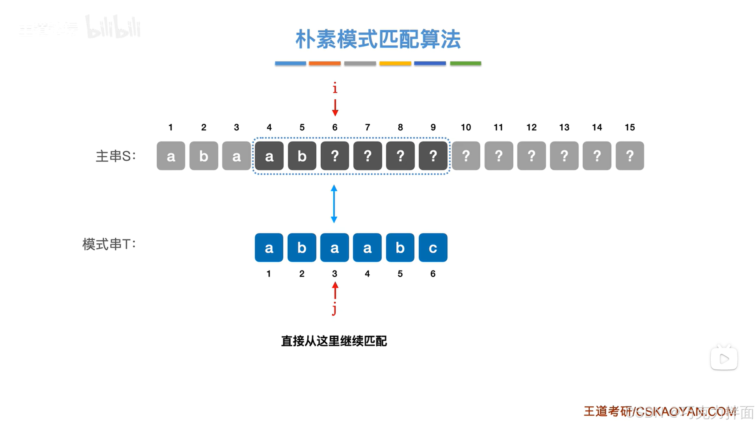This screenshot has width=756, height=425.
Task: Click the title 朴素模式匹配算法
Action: pos(378,39)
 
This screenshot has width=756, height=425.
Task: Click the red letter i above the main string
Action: pos(335,88)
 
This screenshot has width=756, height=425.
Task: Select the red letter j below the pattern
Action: pos(334,310)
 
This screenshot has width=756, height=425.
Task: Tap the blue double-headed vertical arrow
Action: pos(334,204)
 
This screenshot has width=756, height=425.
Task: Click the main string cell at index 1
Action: pos(171,156)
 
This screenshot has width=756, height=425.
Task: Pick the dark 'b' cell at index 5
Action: pos(302,156)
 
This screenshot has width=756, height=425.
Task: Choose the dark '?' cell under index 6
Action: pos(334,156)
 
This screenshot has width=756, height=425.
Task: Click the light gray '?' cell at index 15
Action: pos(630,156)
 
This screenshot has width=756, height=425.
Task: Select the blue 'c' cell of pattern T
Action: pos(433,248)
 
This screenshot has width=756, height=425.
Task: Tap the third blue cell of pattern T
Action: pos(334,248)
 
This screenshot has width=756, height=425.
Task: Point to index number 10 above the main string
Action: pos(466,128)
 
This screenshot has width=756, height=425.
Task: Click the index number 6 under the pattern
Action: pos(433,274)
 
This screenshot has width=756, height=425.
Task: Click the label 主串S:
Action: pos(115,156)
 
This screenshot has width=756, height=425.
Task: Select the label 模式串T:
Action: pos(109,244)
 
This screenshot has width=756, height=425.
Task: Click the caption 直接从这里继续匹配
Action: pos(334,341)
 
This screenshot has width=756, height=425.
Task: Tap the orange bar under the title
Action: pos(325,63)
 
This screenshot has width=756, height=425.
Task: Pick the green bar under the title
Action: pos(465,63)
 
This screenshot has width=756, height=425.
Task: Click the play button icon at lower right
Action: pos(724,358)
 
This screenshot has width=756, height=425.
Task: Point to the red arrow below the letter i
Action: pos(335,108)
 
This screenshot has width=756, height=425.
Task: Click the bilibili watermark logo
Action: pos(113,28)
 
